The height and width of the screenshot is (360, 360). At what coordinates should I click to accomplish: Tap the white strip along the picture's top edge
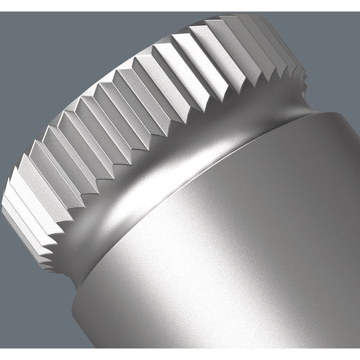[180, 2]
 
